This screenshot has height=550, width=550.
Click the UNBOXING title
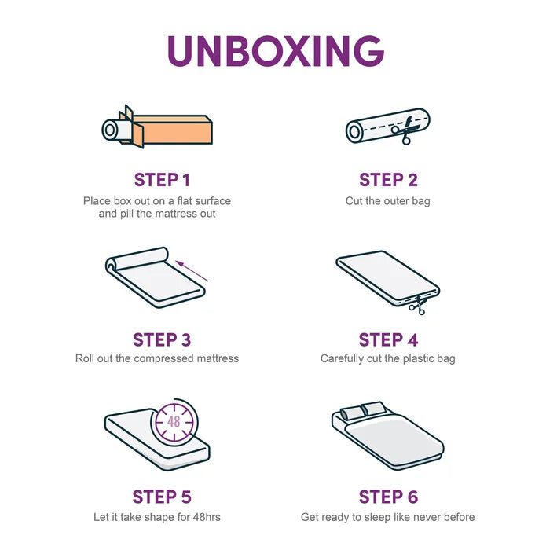[276, 51]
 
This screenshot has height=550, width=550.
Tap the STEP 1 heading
[162, 180]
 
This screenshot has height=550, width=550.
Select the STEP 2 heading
[388, 180]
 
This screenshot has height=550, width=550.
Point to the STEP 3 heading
[162, 339]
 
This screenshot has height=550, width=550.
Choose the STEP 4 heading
[388, 339]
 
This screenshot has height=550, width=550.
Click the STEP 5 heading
[162, 497]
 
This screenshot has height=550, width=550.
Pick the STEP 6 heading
[388, 497]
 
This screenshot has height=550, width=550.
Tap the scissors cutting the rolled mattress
[405, 131]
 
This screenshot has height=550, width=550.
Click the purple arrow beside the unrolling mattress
[192, 271]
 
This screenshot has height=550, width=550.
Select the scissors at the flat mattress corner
[418, 305]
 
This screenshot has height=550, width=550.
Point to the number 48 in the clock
[174, 421]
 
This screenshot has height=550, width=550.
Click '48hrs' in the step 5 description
[207, 517]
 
